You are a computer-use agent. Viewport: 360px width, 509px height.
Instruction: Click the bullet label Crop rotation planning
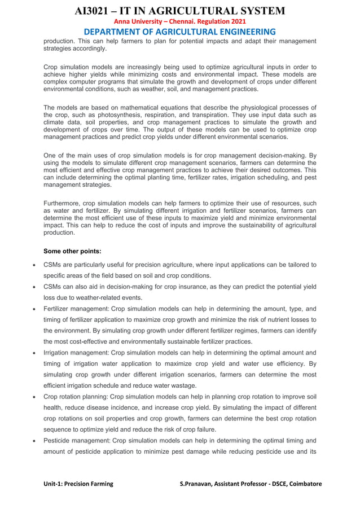tap(76, 397)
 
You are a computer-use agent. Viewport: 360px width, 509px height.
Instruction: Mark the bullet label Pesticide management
tap(77, 441)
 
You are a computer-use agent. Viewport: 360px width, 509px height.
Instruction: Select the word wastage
tap(181, 385)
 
